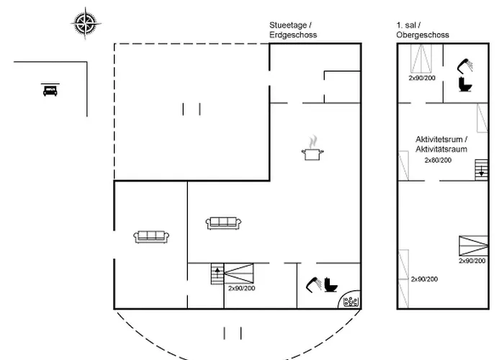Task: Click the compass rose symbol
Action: coord(85,23)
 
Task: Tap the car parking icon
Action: coord(50,90)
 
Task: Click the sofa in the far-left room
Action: coord(150,235)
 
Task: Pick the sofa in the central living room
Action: coord(223,223)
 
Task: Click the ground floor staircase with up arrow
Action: coord(217,274)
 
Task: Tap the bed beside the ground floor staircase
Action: coord(239,274)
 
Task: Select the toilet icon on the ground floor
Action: coord(330,285)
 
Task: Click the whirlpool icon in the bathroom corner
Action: coord(351,301)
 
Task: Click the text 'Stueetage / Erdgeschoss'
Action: coord(293,30)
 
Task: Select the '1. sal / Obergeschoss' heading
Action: coord(423,30)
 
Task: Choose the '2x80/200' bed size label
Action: coord(438,160)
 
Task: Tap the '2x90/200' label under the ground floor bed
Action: coord(242,289)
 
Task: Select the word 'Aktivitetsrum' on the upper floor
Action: coord(441,139)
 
